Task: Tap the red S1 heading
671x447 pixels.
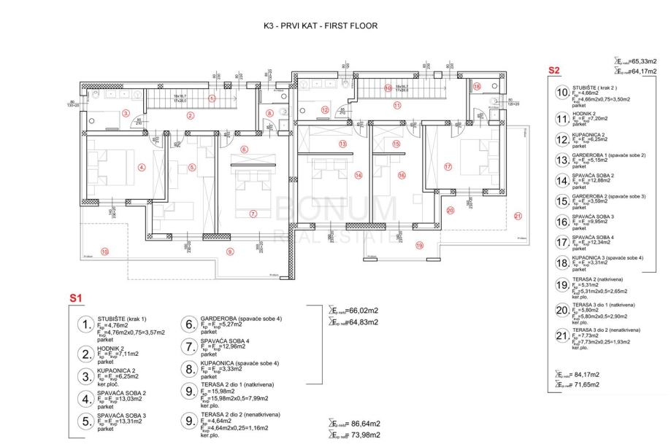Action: click(x=76, y=298)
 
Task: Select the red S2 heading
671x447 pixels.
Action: click(x=554, y=71)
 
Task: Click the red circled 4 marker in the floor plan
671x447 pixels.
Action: click(x=142, y=167)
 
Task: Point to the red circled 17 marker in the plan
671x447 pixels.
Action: click(x=448, y=167)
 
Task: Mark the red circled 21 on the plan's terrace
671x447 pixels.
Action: click(x=518, y=215)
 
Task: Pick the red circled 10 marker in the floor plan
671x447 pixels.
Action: click(x=105, y=252)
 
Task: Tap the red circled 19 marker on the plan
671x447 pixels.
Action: click(x=419, y=246)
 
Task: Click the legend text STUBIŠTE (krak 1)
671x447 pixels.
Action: click(x=122, y=318)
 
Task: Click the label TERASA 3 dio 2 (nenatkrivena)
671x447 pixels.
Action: click(x=607, y=330)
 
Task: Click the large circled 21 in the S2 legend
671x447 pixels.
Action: click(x=561, y=336)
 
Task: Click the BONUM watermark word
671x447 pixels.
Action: click(x=335, y=209)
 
